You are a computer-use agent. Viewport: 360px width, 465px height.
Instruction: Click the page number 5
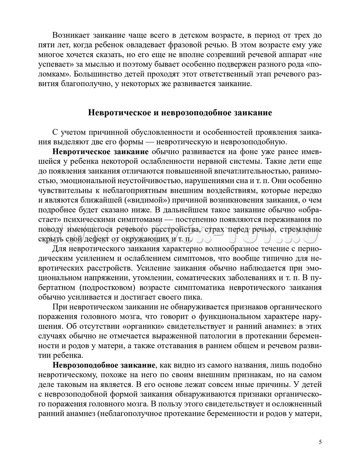(320, 442)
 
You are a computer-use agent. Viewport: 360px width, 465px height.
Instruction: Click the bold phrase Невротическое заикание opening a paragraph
(100, 152)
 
